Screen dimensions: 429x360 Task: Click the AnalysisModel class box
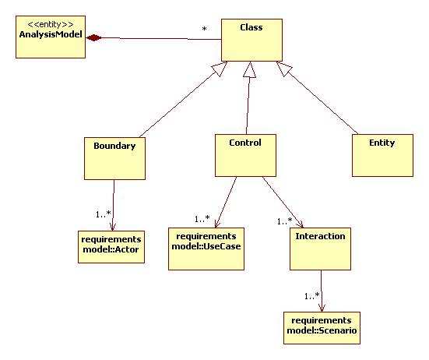point(51,37)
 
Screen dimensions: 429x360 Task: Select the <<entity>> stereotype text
point(51,24)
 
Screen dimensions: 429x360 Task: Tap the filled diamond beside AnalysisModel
point(94,37)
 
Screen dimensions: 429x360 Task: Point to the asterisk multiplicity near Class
point(204,29)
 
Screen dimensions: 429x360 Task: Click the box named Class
point(251,40)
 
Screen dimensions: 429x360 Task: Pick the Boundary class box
point(114,158)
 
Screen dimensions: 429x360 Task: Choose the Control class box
point(245,156)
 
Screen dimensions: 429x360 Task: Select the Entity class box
point(382,156)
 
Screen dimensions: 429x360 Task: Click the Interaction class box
point(320,249)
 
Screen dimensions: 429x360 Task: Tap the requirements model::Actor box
point(111,247)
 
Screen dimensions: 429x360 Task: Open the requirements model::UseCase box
point(206,249)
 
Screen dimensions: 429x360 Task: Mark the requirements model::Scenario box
point(322,328)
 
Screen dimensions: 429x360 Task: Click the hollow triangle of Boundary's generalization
point(220,69)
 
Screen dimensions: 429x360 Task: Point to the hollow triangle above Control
point(249,70)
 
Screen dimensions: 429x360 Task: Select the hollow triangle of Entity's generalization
point(284,69)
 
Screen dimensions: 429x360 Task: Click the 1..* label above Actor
point(103,214)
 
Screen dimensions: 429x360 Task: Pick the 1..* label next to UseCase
point(202,219)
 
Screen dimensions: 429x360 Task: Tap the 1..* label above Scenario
point(312,296)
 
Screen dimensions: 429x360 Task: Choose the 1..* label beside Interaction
point(284,221)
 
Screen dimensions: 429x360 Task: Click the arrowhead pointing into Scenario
point(322,308)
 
